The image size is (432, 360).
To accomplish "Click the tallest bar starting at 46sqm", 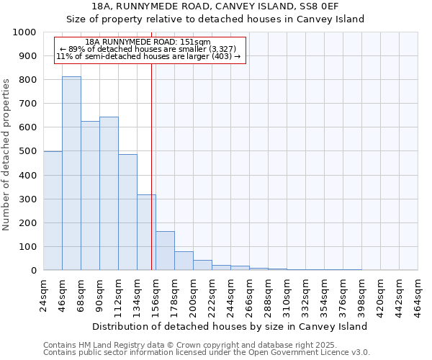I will coord(71,173).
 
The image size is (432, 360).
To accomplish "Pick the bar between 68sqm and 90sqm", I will coord(90,195).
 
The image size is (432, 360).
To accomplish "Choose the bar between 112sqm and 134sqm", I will coord(127,212).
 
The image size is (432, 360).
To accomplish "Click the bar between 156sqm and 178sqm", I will coord(165,251).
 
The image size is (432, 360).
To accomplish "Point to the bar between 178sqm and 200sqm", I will coord(184,261).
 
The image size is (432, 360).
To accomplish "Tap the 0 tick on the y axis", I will coord(33,271).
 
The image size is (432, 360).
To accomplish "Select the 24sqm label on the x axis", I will coord(44,293).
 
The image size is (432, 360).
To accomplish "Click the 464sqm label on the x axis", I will coord(418,293).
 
